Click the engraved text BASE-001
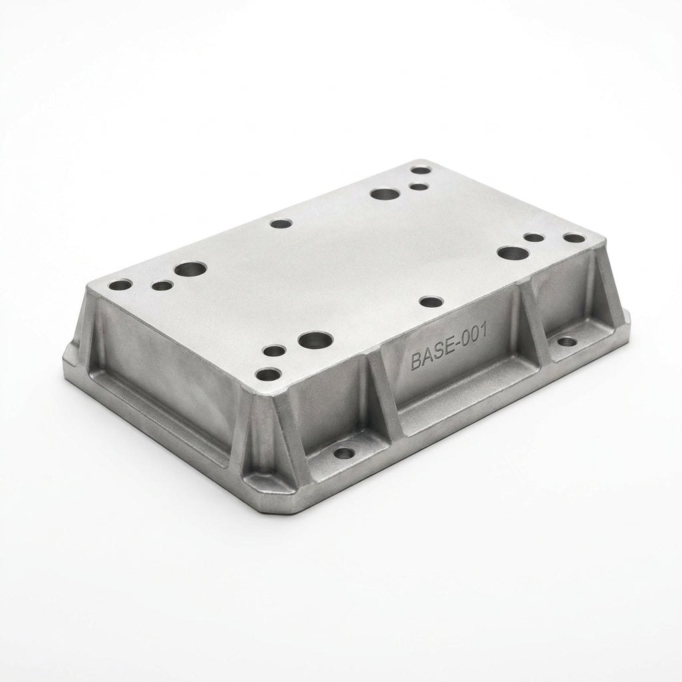448,348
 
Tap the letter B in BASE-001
416,362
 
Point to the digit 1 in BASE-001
482,332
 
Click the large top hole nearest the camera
315,340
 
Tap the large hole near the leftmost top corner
190,269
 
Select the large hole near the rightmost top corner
513,253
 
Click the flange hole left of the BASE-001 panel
345,454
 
